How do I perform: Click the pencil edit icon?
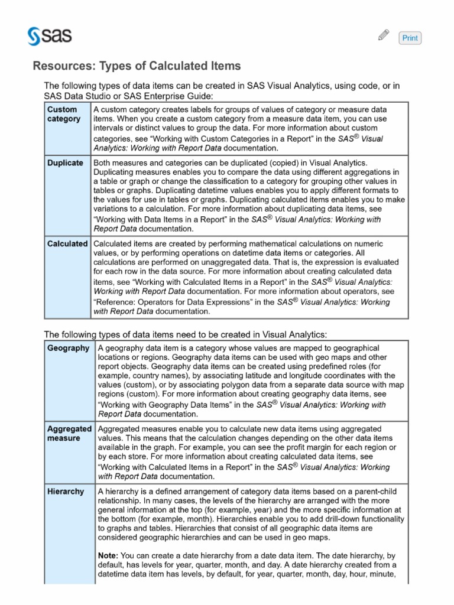pyautogui.click(x=383, y=36)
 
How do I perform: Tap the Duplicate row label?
pyautogui.click(x=65, y=162)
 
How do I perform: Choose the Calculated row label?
pyautogui.click(x=67, y=243)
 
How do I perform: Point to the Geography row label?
pyautogui.click(x=68, y=348)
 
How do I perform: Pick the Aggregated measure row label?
pyautogui.click(x=69, y=434)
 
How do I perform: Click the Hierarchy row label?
pyautogui.click(x=66, y=491)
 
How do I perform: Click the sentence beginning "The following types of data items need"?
pyautogui.click(x=186, y=334)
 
